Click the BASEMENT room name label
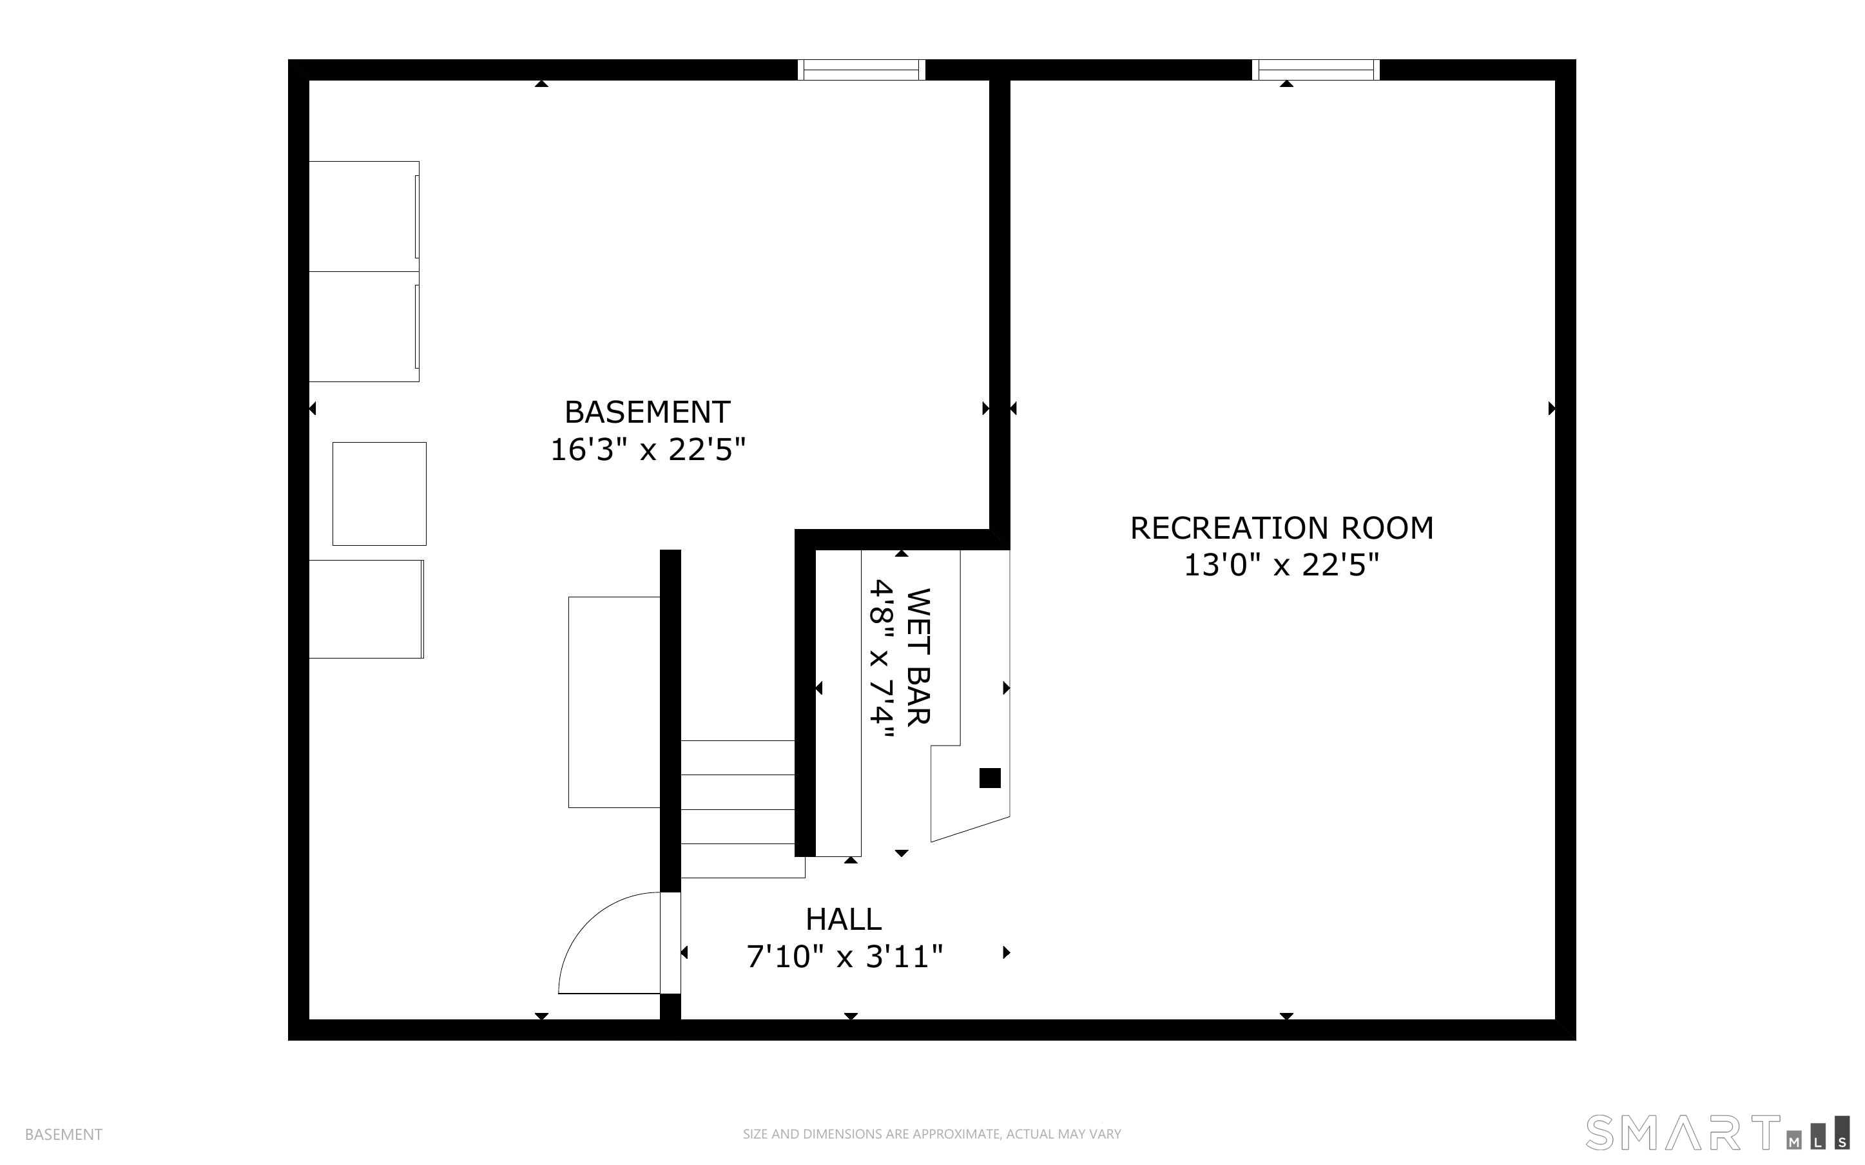tap(647, 412)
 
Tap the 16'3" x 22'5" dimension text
tap(648, 449)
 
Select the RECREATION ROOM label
tap(1282, 528)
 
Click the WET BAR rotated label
tap(918, 657)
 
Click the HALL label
tap(844, 919)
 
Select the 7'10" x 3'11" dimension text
tap(844, 956)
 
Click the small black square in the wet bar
tap(990, 778)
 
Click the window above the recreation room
tap(1316, 70)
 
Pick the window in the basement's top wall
tap(861, 70)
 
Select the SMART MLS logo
tap(1717, 1133)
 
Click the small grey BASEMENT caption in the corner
tap(64, 1134)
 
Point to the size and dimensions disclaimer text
tap(932, 1134)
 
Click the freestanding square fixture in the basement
tap(379, 494)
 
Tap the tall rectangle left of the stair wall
tap(614, 702)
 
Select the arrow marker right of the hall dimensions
tap(1006, 952)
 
